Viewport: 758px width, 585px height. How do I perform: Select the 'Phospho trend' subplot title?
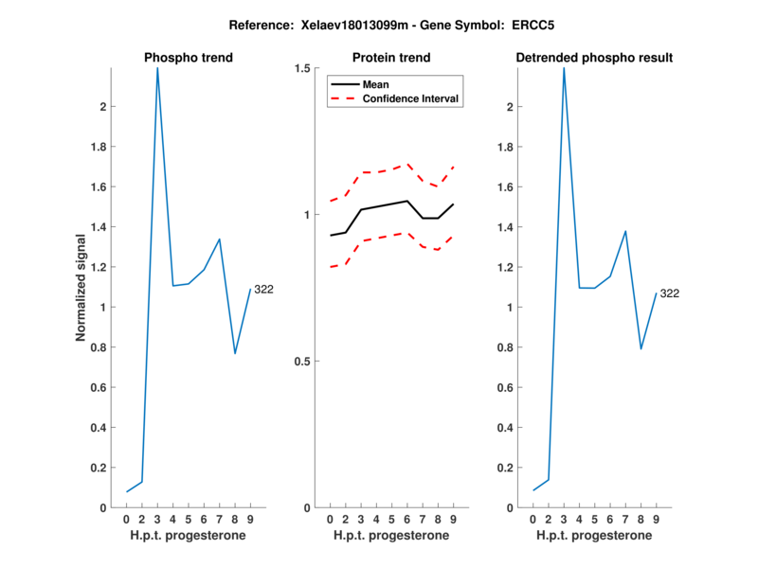[189, 58]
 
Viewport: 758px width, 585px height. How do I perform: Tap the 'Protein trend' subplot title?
[391, 58]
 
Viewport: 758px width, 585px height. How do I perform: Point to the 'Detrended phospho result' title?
[594, 58]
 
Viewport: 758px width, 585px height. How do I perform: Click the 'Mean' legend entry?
[376, 84]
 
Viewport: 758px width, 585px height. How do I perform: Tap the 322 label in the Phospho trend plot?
[264, 290]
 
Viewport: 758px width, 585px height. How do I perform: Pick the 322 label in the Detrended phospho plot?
[670, 293]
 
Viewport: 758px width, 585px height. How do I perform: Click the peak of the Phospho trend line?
[157, 68]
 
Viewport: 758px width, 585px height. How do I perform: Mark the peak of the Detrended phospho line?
[564, 68]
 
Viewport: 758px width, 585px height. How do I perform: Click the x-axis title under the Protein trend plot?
[391, 536]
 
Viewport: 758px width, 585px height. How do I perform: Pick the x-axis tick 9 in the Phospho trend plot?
[250, 520]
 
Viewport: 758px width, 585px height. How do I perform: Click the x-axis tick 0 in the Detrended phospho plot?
[533, 520]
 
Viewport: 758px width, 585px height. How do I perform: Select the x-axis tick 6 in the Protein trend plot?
[406, 520]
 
